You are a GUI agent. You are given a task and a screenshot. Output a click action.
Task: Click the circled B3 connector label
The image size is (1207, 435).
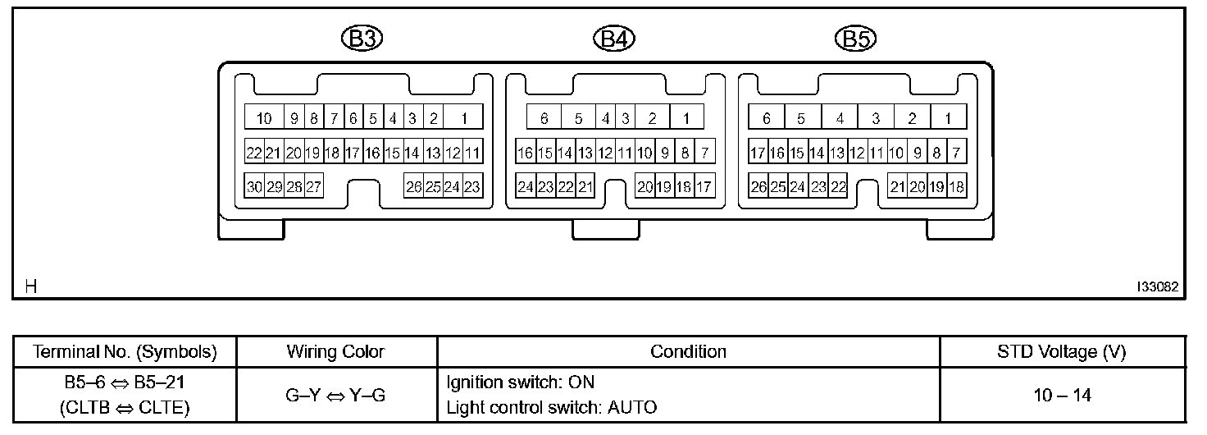click(x=362, y=39)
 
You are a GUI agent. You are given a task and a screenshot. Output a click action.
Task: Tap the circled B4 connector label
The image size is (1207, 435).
click(x=614, y=39)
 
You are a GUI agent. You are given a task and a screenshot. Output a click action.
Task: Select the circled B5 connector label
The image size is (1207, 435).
click(x=855, y=39)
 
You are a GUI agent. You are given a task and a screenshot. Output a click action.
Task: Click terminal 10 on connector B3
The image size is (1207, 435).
click(x=264, y=118)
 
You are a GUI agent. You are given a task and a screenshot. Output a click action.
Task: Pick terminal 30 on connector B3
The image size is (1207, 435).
click(x=254, y=187)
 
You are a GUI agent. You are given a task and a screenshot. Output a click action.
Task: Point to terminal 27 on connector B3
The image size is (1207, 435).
click(x=314, y=187)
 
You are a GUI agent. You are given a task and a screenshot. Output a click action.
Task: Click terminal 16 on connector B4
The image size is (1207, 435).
click(x=526, y=153)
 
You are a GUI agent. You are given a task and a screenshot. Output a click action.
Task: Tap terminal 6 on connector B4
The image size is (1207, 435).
click(x=544, y=118)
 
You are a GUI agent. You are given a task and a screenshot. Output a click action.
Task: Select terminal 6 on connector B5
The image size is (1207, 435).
click(x=767, y=118)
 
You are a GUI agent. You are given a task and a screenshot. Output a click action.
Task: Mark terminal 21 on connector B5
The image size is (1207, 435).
click(x=898, y=187)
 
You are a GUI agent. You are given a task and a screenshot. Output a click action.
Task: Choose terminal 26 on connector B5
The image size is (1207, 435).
click(x=758, y=187)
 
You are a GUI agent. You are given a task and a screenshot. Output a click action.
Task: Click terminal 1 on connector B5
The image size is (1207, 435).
click(x=948, y=118)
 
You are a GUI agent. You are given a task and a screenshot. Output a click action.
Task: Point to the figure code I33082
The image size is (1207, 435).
click(x=1157, y=287)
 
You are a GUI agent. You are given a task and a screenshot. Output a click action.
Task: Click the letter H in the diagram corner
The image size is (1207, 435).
click(x=31, y=286)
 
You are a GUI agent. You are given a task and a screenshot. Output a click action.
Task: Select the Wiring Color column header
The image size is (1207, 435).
click(x=335, y=352)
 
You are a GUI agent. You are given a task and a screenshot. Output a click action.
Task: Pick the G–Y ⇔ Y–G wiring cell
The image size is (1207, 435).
click(x=335, y=395)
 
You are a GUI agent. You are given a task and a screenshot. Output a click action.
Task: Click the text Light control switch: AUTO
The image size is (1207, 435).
click(x=551, y=407)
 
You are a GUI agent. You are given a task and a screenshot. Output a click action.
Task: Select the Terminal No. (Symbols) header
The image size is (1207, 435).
click(x=125, y=352)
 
